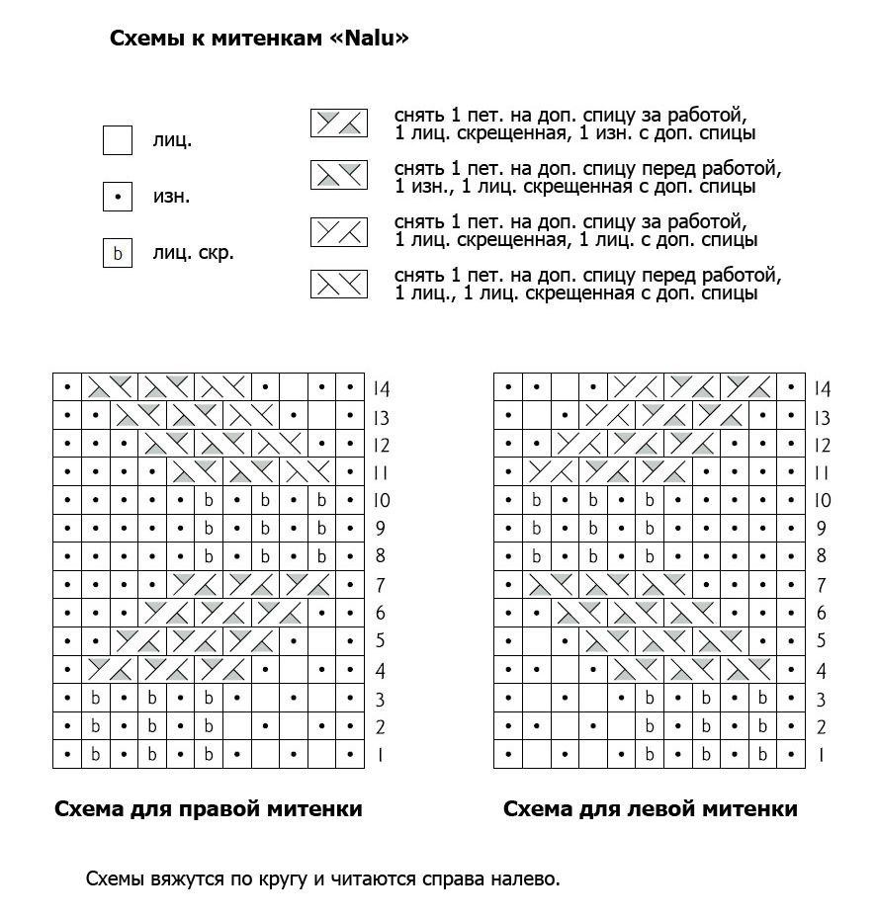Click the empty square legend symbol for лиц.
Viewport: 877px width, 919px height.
coord(118,140)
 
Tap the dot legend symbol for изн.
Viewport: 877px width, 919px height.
coord(118,197)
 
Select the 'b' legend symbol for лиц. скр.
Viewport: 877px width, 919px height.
coord(118,254)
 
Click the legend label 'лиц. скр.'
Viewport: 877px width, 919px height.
coord(193,253)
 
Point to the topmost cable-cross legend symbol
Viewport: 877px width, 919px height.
coord(339,123)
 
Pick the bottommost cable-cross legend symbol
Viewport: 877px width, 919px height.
coord(339,285)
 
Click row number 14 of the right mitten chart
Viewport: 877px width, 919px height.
coord(381,389)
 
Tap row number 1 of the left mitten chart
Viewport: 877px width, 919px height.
coord(820,756)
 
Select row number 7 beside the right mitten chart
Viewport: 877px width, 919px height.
coord(381,586)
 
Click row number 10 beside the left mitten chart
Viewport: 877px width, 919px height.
coord(822,501)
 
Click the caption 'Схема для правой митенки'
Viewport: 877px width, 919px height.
coord(208,809)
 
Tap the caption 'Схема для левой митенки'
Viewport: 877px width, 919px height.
coord(650,809)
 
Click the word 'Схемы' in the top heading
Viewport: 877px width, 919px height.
coord(144,39)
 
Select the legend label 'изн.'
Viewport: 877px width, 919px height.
coord(171,197)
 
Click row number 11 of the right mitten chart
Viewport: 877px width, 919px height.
coord(381,473)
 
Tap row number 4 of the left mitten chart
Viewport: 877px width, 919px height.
coord(821,672)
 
